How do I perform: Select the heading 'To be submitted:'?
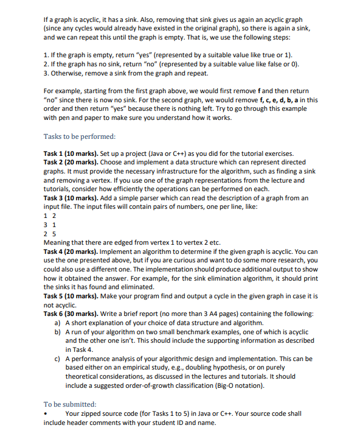point(70,404)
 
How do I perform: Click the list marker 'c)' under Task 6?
point(58,359)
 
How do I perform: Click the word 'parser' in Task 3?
point(149,198)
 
